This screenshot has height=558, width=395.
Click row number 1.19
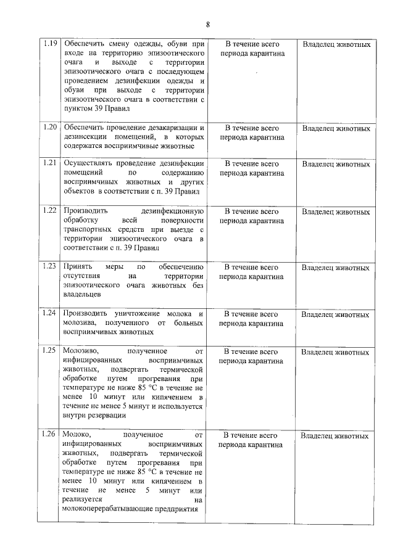50,45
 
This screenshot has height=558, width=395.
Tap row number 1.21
50,163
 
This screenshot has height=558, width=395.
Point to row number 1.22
50,211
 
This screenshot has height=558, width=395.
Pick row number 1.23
50,266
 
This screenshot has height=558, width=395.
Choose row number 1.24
50,313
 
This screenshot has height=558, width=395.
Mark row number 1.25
50,351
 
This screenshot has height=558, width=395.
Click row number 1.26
50,435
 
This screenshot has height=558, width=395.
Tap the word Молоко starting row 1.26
77,435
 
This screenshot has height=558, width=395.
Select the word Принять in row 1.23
77,266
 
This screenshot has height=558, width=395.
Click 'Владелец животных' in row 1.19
336,45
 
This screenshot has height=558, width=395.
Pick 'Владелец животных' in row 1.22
336,212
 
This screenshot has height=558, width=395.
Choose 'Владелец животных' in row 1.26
336,436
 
